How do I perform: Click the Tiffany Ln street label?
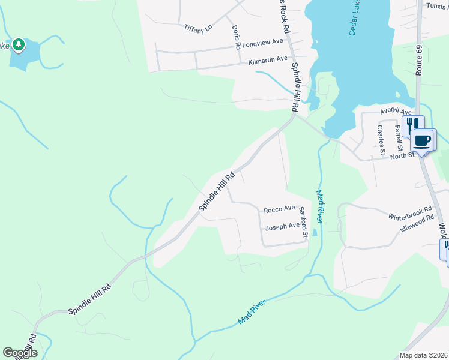(198, 28)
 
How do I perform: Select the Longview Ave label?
(262, 42)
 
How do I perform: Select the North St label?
(403, 156)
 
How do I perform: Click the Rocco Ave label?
(279, 209)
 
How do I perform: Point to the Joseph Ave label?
(282, 226)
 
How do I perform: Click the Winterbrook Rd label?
(410, 214)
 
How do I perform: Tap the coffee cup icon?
(422, 141)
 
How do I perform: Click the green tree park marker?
(19, 44)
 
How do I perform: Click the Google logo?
(20, 353)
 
